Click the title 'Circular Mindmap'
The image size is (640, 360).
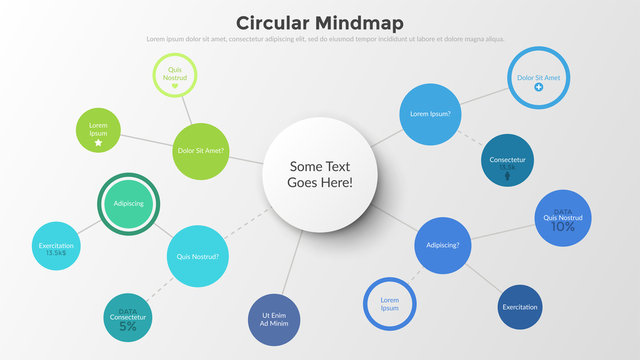pos(320,22)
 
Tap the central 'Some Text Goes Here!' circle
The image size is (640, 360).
pos(320,175)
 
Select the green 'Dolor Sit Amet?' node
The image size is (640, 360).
pos(201,152)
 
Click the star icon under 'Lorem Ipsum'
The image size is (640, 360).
pos(98,143)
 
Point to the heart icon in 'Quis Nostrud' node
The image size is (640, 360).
pos(175,85)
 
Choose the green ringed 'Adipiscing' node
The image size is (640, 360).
pos(129,203)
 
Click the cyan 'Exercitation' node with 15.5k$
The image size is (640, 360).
pos(55,246)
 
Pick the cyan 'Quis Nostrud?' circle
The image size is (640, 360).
pos(197,256)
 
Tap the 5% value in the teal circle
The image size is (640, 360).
pos(128,326)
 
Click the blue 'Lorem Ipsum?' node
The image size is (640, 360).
pos(431,114)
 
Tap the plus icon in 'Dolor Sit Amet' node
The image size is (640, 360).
pos(538,88)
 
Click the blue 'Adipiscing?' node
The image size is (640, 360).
pos(442,244)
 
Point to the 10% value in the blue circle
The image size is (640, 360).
pos(563,227)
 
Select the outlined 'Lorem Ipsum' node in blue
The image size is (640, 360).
pos(390,303)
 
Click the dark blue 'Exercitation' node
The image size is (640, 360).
pos(520,307)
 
